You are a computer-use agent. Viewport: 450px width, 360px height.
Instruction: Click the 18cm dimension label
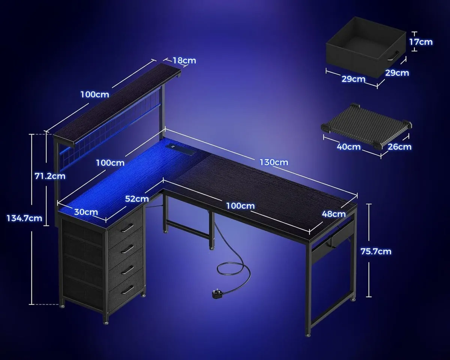[x=184, y=60]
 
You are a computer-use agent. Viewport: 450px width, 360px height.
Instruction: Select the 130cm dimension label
[x=274, y=162]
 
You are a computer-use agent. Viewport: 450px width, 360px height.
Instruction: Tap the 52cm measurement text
[x=136, y=198]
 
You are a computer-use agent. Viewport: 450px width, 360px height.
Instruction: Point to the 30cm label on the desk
[x=86, y=212]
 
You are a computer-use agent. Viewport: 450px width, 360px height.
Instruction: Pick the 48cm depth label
[x=333, y=214]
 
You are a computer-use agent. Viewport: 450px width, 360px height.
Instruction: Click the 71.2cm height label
[x=50, y=175]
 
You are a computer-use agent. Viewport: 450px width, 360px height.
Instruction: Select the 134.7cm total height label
[x=24, y=218]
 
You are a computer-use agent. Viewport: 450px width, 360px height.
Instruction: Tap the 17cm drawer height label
[x=421, y=42]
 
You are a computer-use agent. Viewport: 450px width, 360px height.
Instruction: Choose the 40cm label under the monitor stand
[x=348, y=147]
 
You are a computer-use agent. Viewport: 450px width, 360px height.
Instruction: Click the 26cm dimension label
[x=400, y=147]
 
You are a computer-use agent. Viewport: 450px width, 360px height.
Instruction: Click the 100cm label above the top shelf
[x=94, y=94]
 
